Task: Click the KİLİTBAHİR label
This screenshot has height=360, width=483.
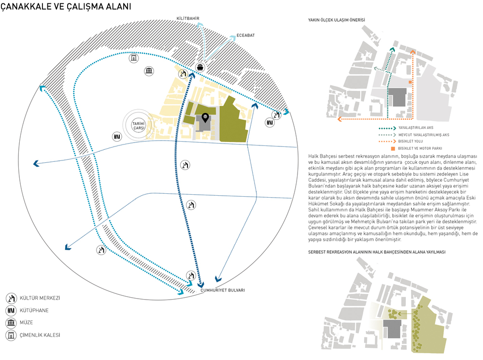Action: tap(187, 18)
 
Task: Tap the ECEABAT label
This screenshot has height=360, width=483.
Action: tap(245, 35)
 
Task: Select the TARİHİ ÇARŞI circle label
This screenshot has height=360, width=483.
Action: tap(139, 126)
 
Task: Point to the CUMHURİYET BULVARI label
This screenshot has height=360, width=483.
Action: tap(223, 290)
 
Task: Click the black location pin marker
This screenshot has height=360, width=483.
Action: tap(205, 118)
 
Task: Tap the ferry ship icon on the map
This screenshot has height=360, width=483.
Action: tap(200, 67)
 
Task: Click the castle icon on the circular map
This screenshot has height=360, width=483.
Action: tap(134, 58)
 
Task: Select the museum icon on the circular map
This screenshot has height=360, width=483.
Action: tap(149, 71)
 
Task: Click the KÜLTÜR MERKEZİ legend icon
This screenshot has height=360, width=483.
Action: tap(11, 298)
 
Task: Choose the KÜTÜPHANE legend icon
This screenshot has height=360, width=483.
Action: tap(11, 311)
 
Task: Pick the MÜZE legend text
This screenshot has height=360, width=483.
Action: tap(26, 323)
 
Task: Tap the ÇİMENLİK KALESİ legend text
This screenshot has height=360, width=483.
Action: tap(40, 335)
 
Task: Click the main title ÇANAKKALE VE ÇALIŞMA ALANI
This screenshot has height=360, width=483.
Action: tap(66, 7)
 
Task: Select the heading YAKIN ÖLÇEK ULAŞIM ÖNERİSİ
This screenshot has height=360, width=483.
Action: tap(336, 20)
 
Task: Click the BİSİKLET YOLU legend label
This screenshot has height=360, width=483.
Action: tap(410, 142)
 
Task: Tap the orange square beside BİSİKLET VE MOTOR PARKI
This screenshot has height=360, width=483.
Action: tap(393, 148)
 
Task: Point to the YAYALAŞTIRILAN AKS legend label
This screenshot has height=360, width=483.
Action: tap(416, 128)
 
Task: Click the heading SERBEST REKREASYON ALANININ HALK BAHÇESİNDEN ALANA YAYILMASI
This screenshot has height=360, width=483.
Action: tap(377, 252)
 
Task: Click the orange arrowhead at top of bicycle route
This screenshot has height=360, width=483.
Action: tap(412, 52)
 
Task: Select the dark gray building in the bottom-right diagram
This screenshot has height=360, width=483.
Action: tap(392, 329)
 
